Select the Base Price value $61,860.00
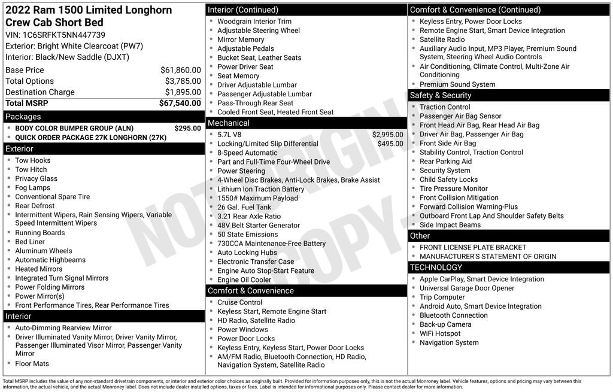(180, 70)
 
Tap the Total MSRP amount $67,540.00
(180, 103)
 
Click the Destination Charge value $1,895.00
(183, 92)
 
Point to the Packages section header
(23, 117)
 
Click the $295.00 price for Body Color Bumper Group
(187, 128)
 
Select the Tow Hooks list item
(33, 160)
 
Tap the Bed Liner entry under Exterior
(30, 242)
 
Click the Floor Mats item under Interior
(32, 363)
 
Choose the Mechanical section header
(229, 123)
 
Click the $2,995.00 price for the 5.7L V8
(387, 135)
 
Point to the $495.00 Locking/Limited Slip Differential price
(390, 144)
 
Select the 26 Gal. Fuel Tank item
(244, 207)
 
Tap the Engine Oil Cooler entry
(244, 279)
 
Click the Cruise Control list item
(239, 302)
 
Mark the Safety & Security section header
(441, 95)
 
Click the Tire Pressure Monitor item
(454, 189)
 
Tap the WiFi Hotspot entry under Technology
(440, 333)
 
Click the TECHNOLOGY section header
(436, 267)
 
